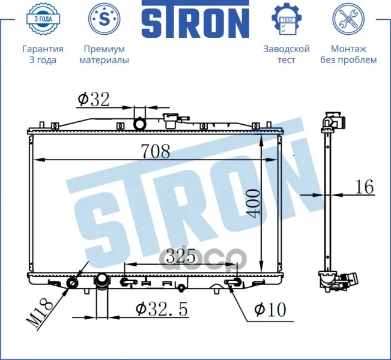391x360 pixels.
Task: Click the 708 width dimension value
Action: (x=156, y=151)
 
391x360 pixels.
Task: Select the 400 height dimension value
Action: (x=252, y=203)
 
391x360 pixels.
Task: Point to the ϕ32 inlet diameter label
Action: (x=94, y=99)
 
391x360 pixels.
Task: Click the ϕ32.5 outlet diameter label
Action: (x=162, y=309)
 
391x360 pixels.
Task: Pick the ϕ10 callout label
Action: (x=270, y=310)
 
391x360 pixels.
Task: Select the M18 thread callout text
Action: (x=40, y=314)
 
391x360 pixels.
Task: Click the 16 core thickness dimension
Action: (x=365, y=187)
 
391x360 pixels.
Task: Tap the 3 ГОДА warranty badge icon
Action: (x=43, y=19)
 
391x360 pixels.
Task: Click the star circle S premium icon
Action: (x=105, y=19)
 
